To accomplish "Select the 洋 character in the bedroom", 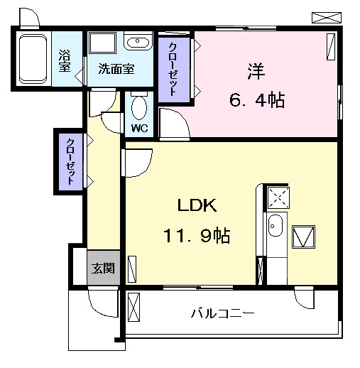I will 256,71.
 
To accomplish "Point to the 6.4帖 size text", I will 256,101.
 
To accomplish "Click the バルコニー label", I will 222,313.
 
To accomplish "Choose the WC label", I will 140,129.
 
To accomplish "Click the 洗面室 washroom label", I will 116,69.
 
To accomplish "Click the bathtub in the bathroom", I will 33,58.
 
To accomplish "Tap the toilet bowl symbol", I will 140,108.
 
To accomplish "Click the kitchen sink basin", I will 276,229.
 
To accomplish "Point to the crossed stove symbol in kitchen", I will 278,197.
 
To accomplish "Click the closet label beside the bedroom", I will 173,70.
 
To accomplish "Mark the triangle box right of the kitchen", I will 305,237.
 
